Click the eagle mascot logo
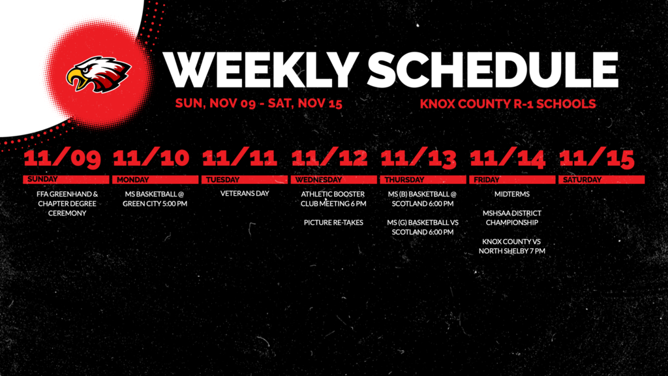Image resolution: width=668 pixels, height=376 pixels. (99, 74)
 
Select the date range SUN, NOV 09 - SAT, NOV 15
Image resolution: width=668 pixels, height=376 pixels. (259, 103)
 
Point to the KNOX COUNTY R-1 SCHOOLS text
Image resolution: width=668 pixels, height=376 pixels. (508, 103)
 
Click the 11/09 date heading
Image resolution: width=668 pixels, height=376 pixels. (63, 159)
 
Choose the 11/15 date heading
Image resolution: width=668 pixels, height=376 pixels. (597, 159)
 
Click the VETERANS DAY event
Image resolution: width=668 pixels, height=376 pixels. (245, 194)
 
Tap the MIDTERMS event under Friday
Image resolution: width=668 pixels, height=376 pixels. (511, 194)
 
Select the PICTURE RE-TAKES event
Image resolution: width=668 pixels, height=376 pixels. (333, 223)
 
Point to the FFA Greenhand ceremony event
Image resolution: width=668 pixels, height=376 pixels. (67, 204)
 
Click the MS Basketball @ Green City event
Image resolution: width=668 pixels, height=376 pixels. (155, 198)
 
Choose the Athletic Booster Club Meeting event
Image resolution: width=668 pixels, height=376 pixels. (333, 198)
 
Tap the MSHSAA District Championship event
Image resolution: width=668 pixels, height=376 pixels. (512, 217)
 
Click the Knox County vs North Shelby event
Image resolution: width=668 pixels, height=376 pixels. (512, 246)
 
